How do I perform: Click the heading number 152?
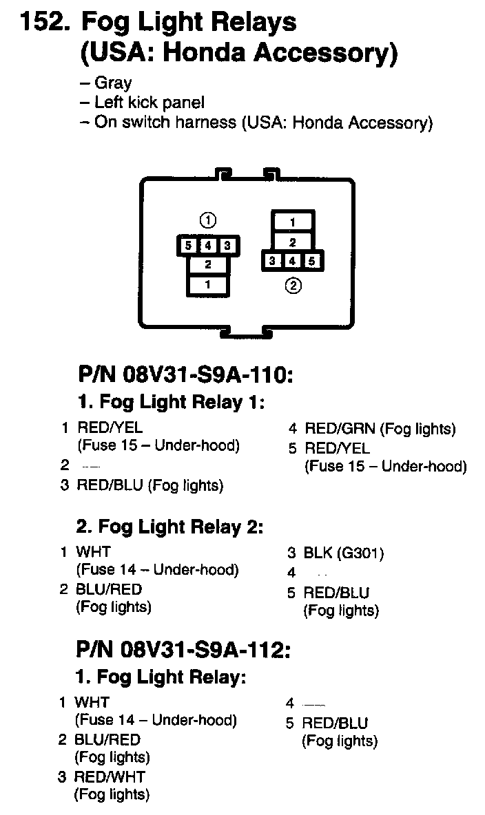45,23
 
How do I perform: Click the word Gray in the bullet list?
113,84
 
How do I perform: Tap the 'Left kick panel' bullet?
149,103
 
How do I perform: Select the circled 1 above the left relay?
208,220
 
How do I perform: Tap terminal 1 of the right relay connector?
293,222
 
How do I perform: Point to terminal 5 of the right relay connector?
312,261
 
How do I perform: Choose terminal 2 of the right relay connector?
293,242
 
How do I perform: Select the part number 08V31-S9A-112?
205,650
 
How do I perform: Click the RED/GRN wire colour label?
340,430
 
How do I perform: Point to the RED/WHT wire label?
110,777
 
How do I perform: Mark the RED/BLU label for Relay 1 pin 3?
110,486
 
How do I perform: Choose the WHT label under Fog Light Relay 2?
93,552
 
